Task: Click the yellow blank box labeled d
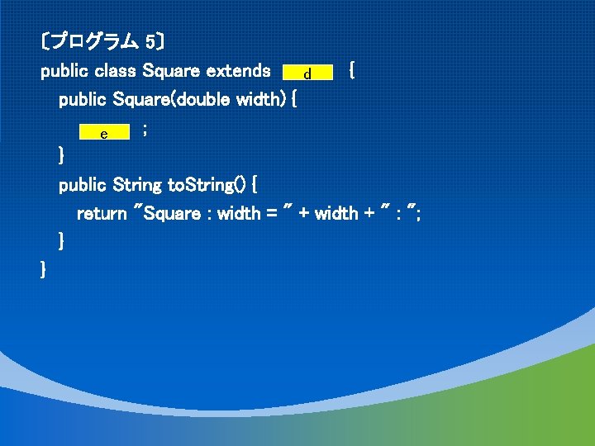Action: coord(307,74)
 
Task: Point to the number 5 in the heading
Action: coord(150,40)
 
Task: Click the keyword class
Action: coord(116,71)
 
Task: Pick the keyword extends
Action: coord(233,71)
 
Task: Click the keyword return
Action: coord(102,213)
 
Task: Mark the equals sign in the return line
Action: coord(271,213)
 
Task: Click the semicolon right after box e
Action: coord(145,130)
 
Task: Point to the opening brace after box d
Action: coord(353,71)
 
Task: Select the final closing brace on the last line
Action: coord(44,269)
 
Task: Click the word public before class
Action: coord(65,71)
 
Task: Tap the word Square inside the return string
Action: coord(173,213)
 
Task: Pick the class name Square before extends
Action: coord(171,71)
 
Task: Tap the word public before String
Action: coord(83,184)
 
